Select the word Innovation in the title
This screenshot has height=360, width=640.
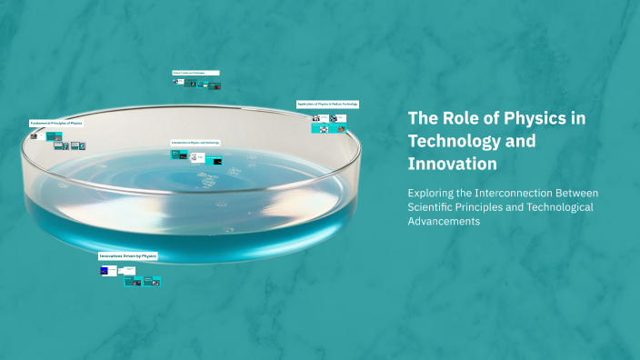[452, 164]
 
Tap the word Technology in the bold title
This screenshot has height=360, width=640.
[458, 141]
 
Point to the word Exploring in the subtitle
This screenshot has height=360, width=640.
[435, 193]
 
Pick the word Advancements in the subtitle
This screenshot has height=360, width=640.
[444, 222]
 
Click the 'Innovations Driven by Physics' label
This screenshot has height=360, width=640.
[128, 256]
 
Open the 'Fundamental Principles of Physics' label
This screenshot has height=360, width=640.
[56, 122]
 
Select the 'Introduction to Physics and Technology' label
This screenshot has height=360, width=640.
[195, 143]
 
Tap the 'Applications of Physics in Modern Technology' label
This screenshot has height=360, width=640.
[327, 105]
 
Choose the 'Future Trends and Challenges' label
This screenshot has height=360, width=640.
[195, 73]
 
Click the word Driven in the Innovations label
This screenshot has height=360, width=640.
[131, 256]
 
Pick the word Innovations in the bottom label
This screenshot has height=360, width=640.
[112, 256]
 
